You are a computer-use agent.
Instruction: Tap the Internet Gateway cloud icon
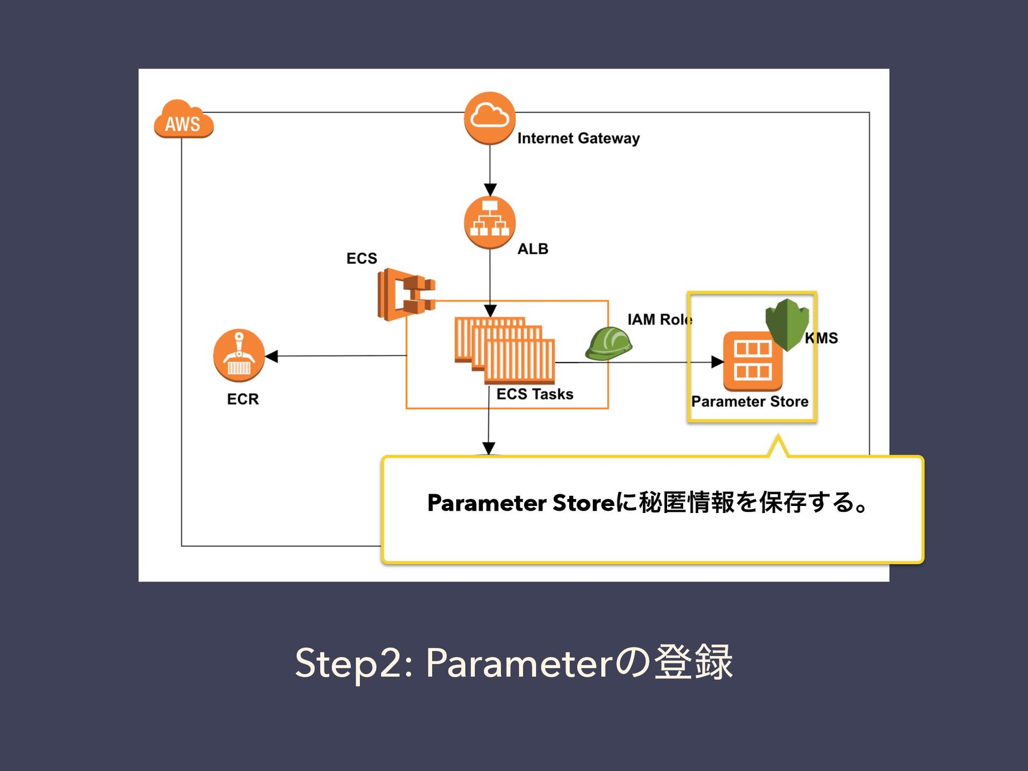pos(490,118)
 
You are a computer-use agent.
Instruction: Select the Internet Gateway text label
pos(578,139)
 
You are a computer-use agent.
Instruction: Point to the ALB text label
pos(533,249)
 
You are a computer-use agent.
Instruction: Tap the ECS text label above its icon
pos(362,258)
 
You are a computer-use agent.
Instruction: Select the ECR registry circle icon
pos(239,356)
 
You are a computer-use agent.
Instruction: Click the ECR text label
pos(243,399)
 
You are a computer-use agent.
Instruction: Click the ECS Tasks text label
pos(535,394)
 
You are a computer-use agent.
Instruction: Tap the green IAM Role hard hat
pos(609,344)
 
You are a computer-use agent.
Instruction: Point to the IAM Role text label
pos(660,320)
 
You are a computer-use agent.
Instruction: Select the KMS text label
pos(821,338)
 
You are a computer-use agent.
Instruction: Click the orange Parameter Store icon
pos(753,361)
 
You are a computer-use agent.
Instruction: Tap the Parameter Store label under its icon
pos(750,402)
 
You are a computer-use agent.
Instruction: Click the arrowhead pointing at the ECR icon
pos(271,356)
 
